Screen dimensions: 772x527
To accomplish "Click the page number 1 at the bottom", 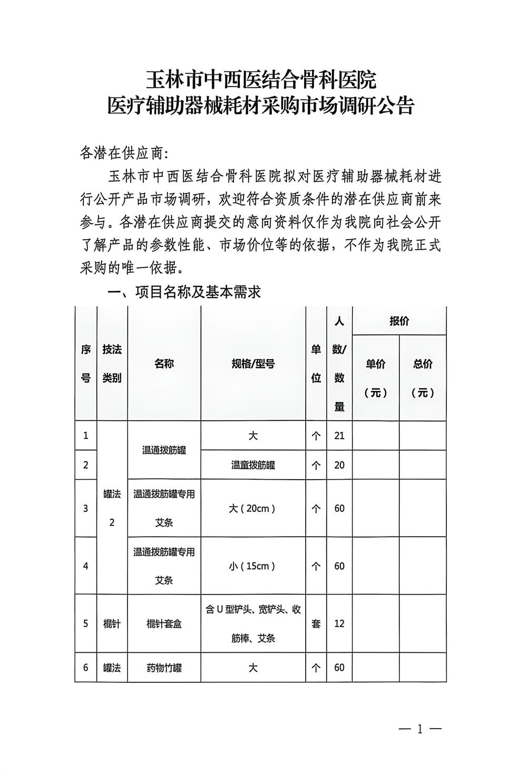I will [420, 729].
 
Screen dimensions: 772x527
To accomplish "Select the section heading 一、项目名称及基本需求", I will [184, 292].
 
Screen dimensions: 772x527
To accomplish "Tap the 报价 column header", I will [399, 321].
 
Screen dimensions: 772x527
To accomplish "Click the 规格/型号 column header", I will [253, 364].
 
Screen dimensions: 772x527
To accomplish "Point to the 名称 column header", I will [164, 364].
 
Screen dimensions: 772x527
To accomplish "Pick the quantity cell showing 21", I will [339, 435].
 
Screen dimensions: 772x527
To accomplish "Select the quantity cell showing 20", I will [339, 465].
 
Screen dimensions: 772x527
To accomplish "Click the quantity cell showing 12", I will [339, 623].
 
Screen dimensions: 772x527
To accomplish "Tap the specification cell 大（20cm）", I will [253, 508].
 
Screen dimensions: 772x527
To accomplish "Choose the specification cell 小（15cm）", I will [253, 566].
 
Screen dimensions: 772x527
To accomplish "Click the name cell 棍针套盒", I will [164, 623].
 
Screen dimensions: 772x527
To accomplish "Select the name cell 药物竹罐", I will [164, 668].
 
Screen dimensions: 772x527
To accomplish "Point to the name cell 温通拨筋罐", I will [164, 450].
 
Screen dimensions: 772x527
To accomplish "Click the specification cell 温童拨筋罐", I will [253, 465].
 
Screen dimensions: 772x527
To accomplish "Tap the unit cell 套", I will [316, 623].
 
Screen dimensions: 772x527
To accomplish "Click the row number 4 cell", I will [86, 566].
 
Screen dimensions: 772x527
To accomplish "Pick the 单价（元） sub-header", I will [376, 378].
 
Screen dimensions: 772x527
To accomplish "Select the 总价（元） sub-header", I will [423, 378].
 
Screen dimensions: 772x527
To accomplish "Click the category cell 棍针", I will [112, 623].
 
